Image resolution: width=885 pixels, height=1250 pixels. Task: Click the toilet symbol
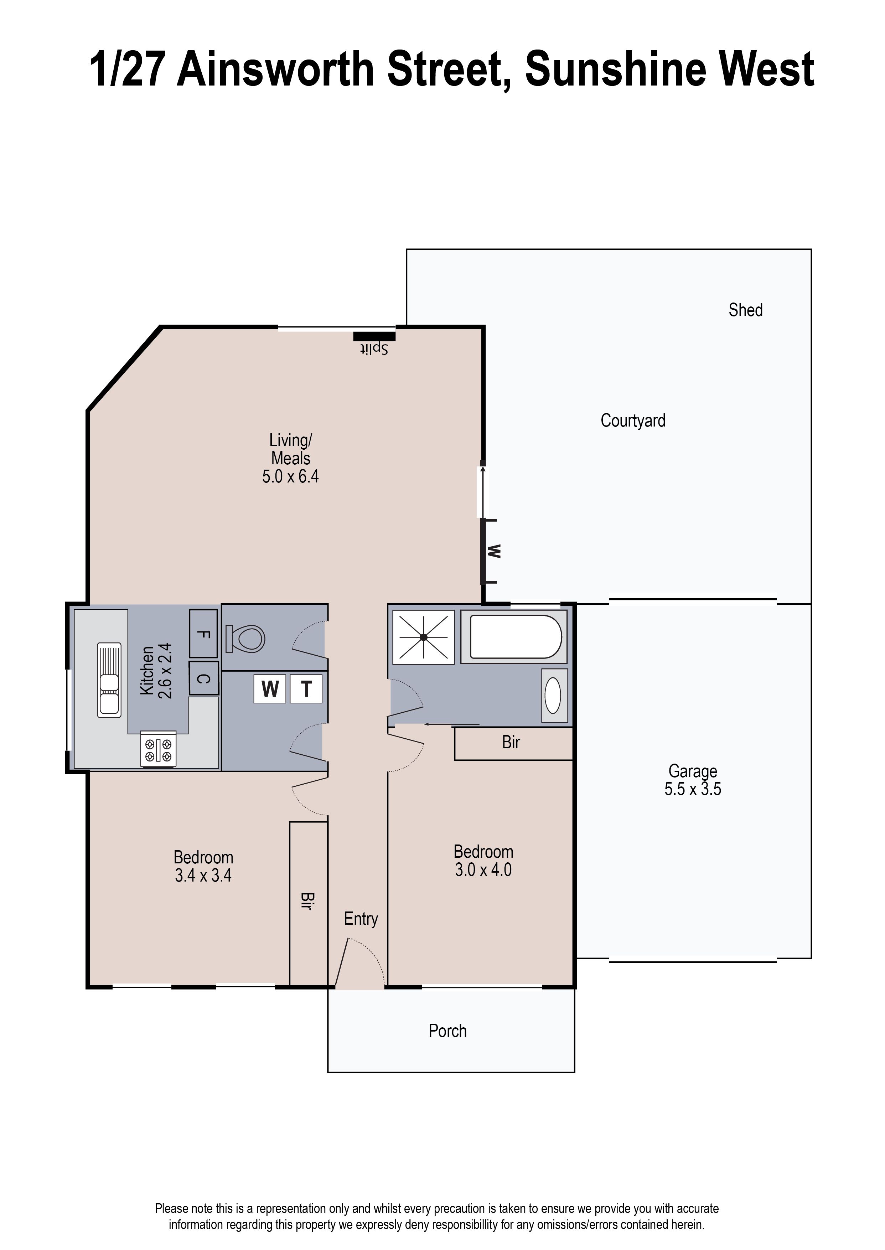[x=246, y=639]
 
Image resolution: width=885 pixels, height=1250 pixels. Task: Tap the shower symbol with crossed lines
[x=423, y=637]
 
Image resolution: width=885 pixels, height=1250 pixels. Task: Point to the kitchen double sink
[x=109, y=680]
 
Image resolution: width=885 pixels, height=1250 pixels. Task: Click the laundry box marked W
[x=270, y=689]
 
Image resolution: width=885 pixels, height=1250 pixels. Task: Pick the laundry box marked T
[x=306, y=689]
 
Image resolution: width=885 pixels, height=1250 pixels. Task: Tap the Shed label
[x=745, y=310]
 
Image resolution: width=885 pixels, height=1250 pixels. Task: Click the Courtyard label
[x=633, y=421]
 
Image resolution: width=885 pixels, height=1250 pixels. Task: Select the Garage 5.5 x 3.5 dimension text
[x=692, y=789]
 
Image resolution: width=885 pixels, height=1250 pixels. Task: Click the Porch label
[x=447, y=1031]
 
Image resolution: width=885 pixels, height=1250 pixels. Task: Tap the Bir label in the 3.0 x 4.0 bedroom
[x=511, y=742]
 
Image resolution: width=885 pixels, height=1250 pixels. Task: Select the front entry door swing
[x=360, y=962]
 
